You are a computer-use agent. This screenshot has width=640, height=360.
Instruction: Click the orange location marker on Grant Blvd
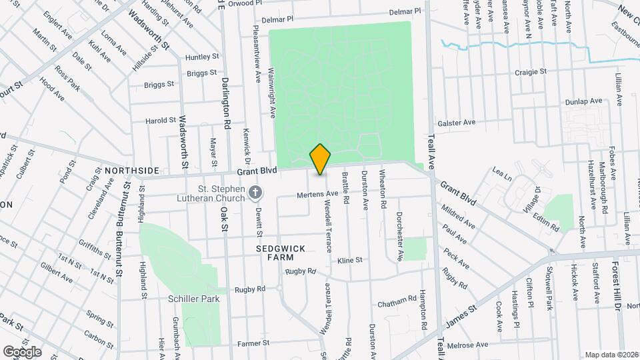(x=320, y=159)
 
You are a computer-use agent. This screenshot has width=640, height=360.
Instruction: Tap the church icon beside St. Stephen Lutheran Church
(x=254, y=193)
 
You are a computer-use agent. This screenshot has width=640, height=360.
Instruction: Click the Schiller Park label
(x=195, y=299)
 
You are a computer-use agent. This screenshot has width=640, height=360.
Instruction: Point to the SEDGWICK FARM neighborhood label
(x=281, y=253)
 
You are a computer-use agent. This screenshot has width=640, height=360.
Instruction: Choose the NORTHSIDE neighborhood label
(x=132, y=171)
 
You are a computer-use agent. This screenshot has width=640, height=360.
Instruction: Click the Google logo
(x=22, y=351)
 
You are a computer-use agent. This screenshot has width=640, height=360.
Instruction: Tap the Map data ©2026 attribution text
(x=611, y=354)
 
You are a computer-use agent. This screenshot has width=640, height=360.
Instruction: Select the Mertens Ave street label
(x=318, y=195)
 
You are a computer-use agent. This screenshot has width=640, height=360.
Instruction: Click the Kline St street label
(x=349, y=260)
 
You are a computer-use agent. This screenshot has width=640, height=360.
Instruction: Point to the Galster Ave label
(x=456, y=123)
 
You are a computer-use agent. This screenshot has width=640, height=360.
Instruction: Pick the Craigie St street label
(x=529, y=71)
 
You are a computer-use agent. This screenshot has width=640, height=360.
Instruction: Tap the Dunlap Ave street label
(x=583, y=101)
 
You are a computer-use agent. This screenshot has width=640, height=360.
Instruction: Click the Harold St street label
(x=161, y=121)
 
